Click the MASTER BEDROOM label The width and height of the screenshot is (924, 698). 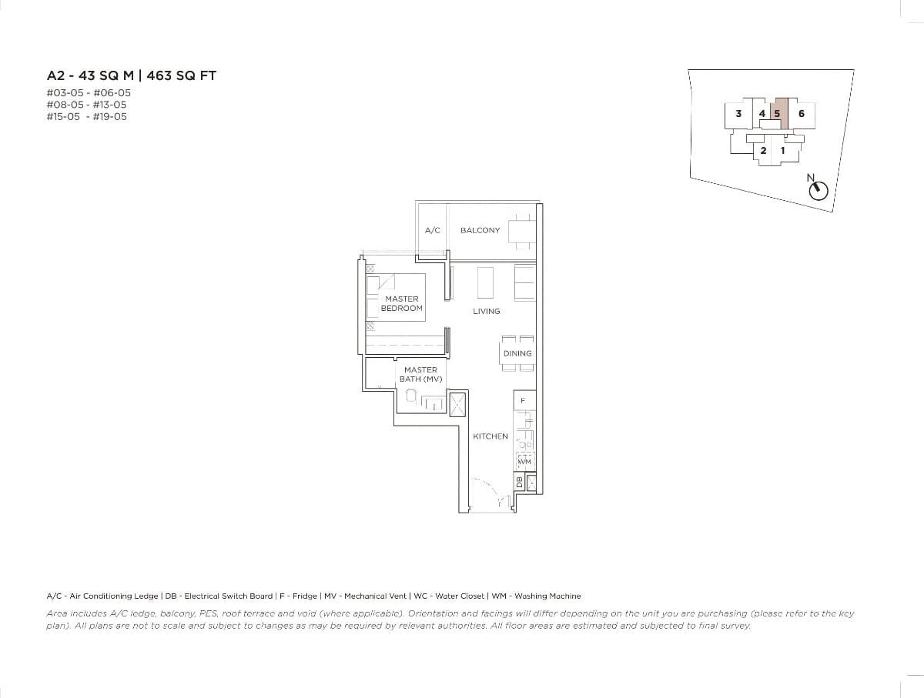(x=401, y=303)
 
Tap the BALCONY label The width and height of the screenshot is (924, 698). (x=480, y=230)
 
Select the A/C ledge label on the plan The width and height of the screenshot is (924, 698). (x=432, y=230)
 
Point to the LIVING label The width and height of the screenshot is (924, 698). (x=487, y=311)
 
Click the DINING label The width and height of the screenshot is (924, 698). (x=517, y=353)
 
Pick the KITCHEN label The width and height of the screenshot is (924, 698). (x=490, y=436)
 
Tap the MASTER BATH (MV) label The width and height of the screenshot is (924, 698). (x=420, y=374)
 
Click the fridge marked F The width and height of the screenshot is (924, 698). (x=524, y=401)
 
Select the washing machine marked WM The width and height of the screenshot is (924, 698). (x=524, y=460)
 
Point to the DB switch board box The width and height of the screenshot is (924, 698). (x=519, y=483)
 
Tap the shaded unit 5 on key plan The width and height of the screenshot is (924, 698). (x=780, y=113)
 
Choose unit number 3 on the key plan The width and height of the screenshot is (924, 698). (x=738, y=113)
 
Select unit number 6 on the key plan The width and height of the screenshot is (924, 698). (x=802, y=113)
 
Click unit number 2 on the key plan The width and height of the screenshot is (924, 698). (x=763, y=150)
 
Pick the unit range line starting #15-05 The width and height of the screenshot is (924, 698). (x=86, y=117)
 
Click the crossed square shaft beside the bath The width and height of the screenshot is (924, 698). (x=457, y=403)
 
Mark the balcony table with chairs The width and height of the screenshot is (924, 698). (x=521, y=230)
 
